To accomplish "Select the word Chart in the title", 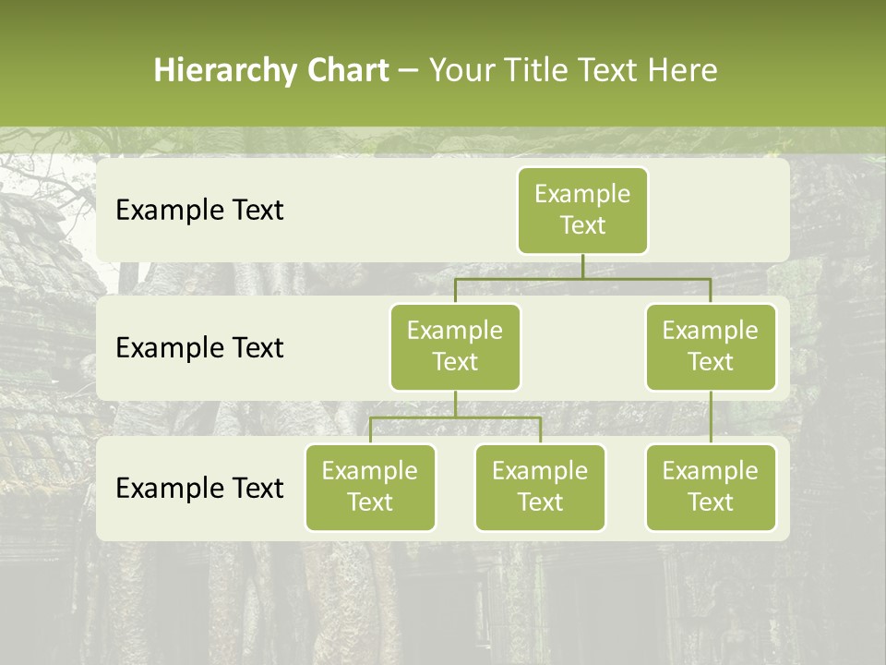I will pyautogui.click(x=347, y=71).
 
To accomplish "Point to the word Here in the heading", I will pyautogui.click(x=683, y=71).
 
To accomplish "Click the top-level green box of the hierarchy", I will pyautogui.click(x=582, y=210).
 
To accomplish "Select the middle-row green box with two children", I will pyautogui.click(x=455, y=346).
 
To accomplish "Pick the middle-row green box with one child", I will pyautogui.click(x=711, y=346).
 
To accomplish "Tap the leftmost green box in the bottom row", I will pyautogui.click(x=370, y=487).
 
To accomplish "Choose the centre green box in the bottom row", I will pyautogui.click(x=540, y=487).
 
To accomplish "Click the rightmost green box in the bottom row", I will pyautogui.click(x=711, y=487).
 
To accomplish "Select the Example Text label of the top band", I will pyautogui.click(x=199, y=211).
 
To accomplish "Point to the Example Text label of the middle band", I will pyautogui.click(x=199, y=348).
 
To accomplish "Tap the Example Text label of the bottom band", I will pyautogui.click(x=199, y=488).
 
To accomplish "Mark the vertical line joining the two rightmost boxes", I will pyautogui.click(x=711, y=417).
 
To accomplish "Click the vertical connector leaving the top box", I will pyautogui.click(x=582, y=266).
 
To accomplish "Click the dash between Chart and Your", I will pyautogui.click(x=409, y=71).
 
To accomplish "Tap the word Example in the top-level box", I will pyautogui.click(x=582, y=194).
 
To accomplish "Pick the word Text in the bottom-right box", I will pyautogui.click(x=711, y=502).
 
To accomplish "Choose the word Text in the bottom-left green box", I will pyautogui.click(x=370, y=502).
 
